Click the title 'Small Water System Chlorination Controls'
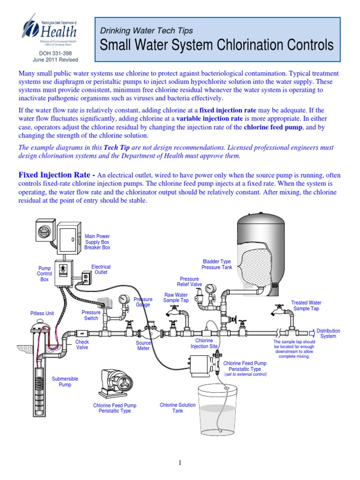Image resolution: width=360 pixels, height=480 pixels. (x=217, y=45)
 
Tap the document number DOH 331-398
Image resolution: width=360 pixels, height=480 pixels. (x=55, y=53)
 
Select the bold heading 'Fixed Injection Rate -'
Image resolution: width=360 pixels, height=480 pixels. (x=56, y=175)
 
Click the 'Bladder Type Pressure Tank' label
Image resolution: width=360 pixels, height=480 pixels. (x=217, y=264)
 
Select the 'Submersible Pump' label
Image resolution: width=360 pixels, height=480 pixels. (x=65, y=382)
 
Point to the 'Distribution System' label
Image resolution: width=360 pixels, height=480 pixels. (x=328, y=334)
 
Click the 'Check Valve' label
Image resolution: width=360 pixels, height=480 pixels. (x=82, y=345)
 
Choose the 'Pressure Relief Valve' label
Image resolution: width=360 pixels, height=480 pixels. (x=189, y=282)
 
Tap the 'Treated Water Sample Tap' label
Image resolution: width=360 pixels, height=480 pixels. (x=306, y=306)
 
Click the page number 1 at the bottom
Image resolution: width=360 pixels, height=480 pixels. (x=180, y=463)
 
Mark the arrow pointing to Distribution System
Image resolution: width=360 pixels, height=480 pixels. (x=310, y=333)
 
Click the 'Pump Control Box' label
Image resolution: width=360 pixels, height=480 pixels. (x=45, y=274)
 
